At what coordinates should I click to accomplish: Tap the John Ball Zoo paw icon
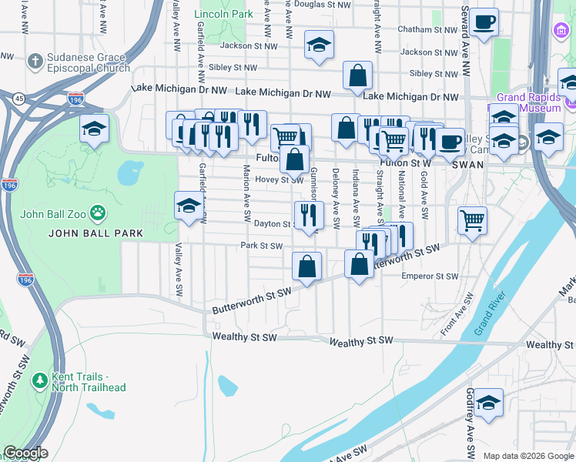click(98, 212)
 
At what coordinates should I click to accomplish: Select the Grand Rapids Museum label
click(528, 102)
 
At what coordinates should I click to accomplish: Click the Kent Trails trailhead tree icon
click(40, 380)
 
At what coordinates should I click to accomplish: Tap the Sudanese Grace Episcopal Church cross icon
click(35, 61)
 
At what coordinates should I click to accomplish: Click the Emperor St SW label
click(430, 276)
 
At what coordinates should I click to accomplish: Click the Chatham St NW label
click(427, 29)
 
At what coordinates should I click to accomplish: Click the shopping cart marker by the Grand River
click(472, 220)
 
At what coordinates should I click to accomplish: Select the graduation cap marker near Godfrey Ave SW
click(488, 403)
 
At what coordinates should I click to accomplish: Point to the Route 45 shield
click(17, 98)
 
